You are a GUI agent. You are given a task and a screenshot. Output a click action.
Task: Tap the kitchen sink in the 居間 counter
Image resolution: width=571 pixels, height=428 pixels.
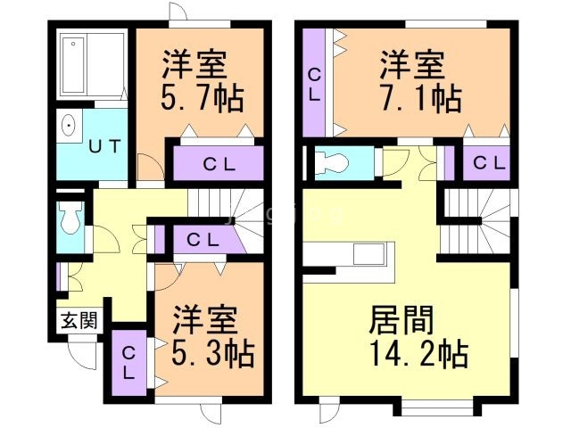tap(368, 253)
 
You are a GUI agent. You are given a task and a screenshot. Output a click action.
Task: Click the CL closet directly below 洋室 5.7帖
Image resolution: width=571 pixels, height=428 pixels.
tap(219, 163)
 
